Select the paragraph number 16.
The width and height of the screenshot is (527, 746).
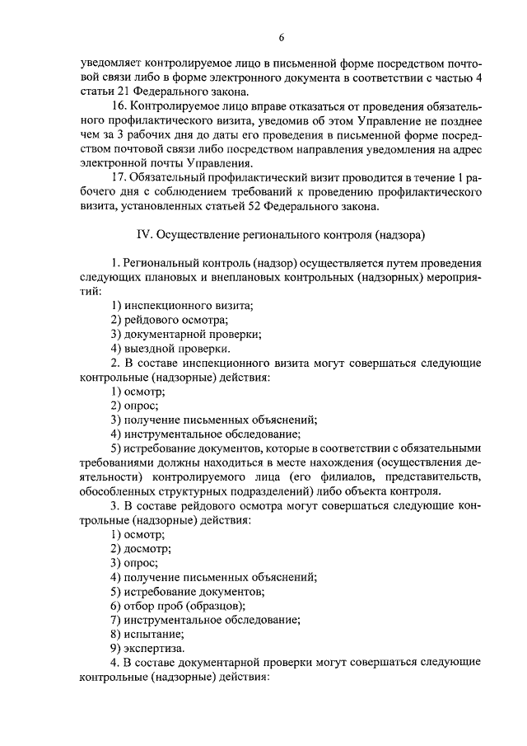(x=118, y=107)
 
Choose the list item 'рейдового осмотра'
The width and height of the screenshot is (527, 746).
(x=176, y=321)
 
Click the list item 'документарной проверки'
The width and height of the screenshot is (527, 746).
(x=193, y=335)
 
